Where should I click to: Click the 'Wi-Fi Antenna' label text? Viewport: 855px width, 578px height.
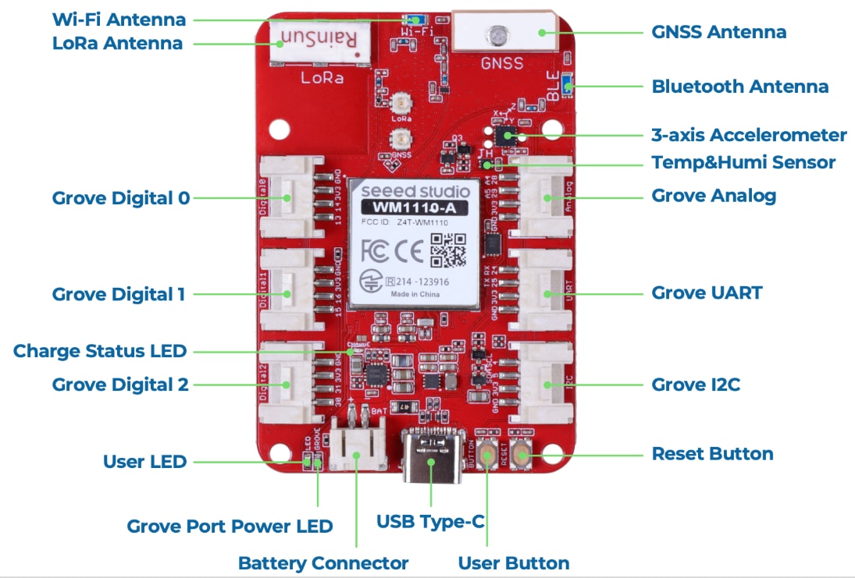click(119, 20)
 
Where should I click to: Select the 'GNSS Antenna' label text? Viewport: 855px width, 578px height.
click(718, 32)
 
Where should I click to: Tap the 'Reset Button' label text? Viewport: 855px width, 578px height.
click(712, 453)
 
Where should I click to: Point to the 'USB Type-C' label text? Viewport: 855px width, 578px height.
click(430, 520)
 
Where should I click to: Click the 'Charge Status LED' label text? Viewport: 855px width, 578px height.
click(100, 351)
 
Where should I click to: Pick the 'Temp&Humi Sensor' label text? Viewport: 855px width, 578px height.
click(743, 162)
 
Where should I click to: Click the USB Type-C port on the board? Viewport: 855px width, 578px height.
click(431, 454)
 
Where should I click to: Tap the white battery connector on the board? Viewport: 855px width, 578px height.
click(356, 445)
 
